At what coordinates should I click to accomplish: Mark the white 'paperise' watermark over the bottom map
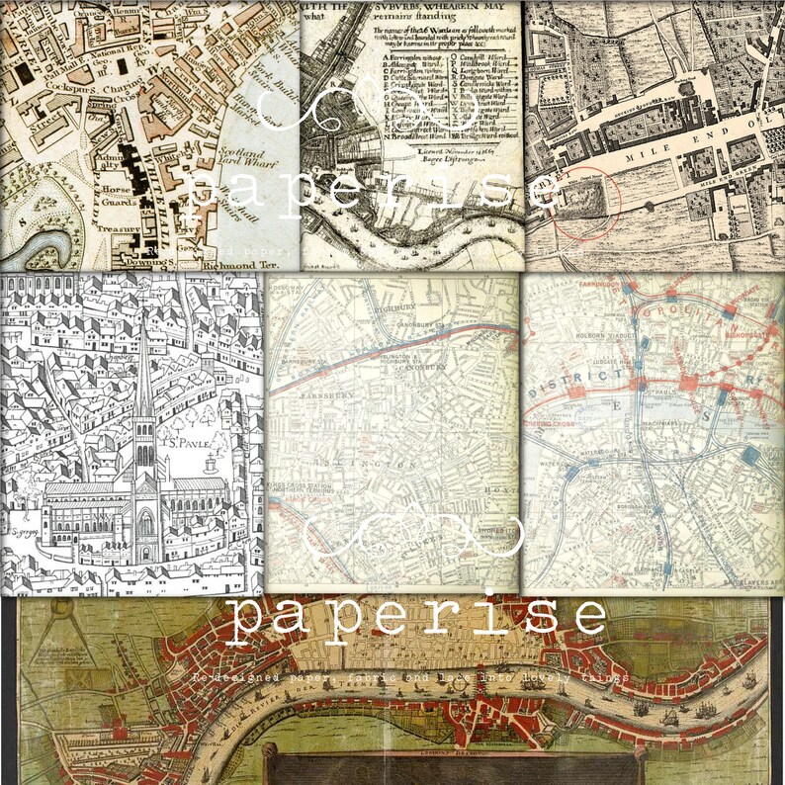click(416, 616)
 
